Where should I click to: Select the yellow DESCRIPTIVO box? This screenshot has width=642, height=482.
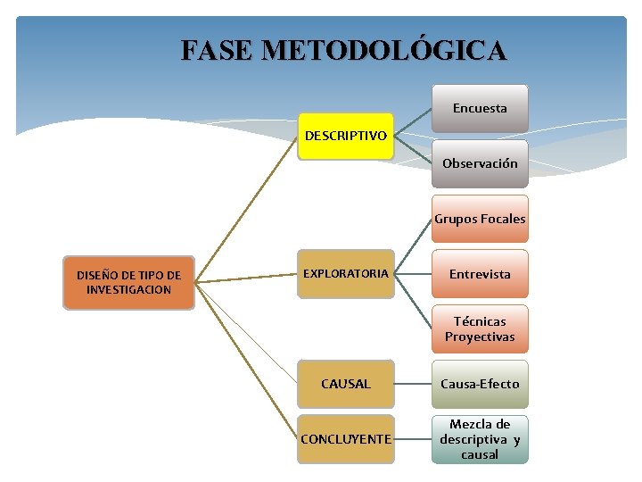pyautogui.click(x=345, y=137)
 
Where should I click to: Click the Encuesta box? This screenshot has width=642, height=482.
pyautogui.click(x=480, y=109)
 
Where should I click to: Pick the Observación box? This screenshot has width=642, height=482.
pyautogui.click(x=480, y=163)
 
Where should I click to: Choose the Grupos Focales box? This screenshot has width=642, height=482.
pyautogui.click(x=480, y=219)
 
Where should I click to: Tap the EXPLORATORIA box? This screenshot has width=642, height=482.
pyautogui.click(x=345, y=273)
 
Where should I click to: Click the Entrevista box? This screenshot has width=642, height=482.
pyautogui.click(x=480, y=274)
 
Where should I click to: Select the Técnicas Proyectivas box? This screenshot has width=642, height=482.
pyautogui.click(x=480, y=328)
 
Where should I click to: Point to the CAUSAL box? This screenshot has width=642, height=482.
pyautogui.click(x=345, y=384)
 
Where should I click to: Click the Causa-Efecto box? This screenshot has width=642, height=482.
pyautogui.click(x=480, y=384)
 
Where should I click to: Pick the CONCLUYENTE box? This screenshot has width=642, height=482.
pyautogui.click(x=345, y=439)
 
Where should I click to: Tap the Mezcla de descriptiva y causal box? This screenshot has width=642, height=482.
pyautogui.click(x=480, y=439)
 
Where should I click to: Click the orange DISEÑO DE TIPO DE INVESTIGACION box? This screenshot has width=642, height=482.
pyautogui.click(x=128, y=282)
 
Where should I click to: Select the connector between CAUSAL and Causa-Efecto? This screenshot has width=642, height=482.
pyautogui.click(x=413, y=384)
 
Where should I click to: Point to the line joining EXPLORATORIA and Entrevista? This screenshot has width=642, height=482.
pyautogui.click(x=413, y=273)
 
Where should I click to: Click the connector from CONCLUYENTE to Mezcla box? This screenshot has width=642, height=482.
pyautogui.click(x=413, y=439)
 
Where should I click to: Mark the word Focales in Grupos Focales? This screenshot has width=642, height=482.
pyautogui.click(x=503, y=219)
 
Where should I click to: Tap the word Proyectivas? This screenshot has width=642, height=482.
pyautogui.click(x=480, y=337)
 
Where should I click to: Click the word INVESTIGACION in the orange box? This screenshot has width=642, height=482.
pyautogui.click(x=128, y=290)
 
